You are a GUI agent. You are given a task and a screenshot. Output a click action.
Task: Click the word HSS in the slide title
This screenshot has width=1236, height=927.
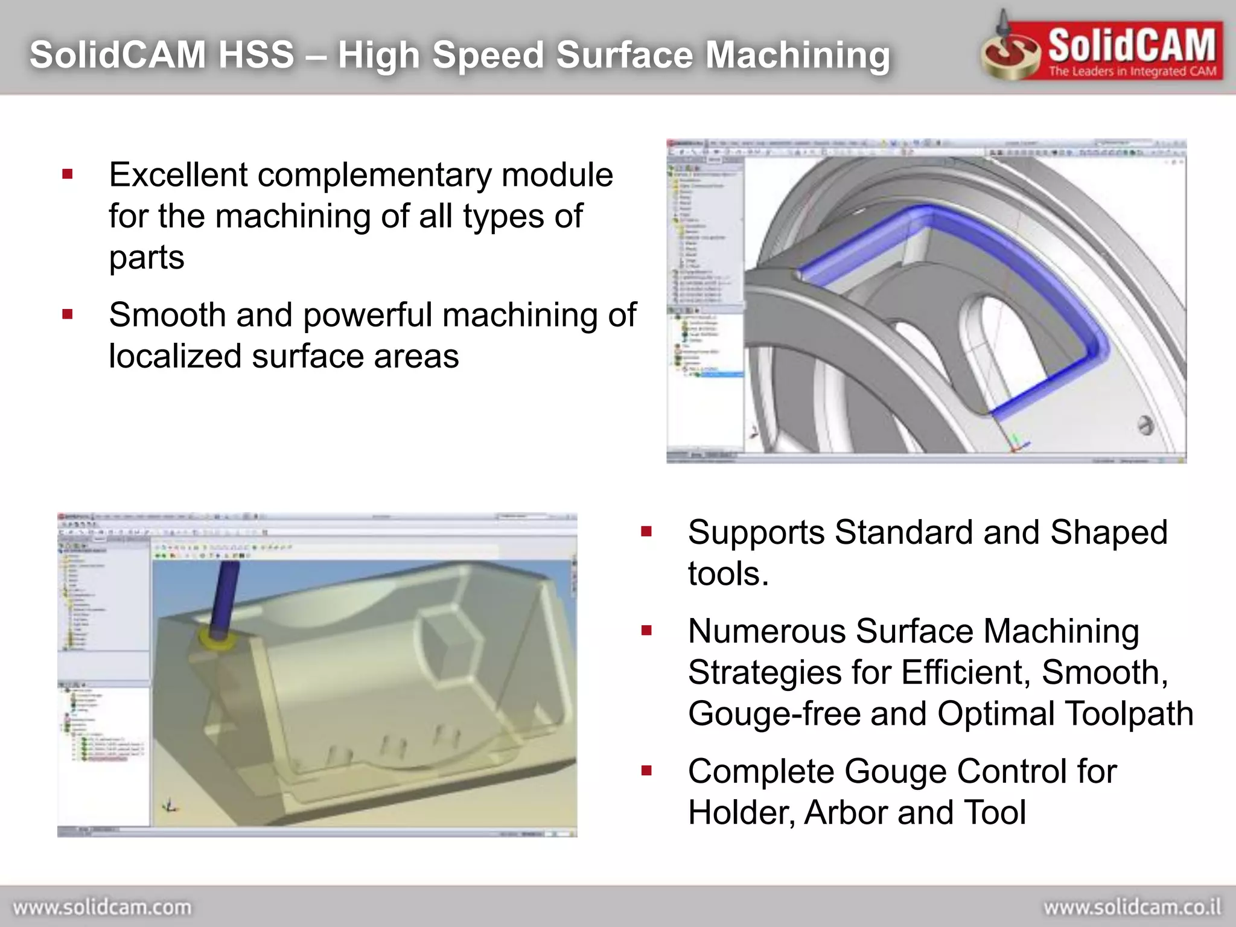coord(256,54)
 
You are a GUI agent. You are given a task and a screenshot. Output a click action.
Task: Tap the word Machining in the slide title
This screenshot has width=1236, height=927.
coord(797,56)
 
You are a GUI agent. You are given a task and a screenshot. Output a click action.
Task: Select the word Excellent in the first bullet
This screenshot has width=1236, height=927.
coord(178,175)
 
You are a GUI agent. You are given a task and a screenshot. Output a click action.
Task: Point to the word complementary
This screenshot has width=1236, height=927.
coord(374,176)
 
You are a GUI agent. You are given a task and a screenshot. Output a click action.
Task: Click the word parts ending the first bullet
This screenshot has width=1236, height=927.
coord(147,258)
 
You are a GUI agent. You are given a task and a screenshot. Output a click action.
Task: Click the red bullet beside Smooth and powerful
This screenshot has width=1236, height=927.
coord(68,314)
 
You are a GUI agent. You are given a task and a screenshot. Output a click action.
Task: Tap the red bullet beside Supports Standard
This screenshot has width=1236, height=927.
coord(646,532)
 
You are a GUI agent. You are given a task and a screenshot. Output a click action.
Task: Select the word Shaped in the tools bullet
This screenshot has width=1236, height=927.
coord(1109,533)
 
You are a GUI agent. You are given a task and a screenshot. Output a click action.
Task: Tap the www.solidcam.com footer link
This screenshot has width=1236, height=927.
coord(102,907)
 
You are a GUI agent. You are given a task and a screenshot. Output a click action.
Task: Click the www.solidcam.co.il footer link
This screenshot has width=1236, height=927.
coord(1132,907)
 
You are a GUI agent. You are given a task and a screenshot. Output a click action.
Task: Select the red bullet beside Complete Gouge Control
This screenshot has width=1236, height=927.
coord(646,771)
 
